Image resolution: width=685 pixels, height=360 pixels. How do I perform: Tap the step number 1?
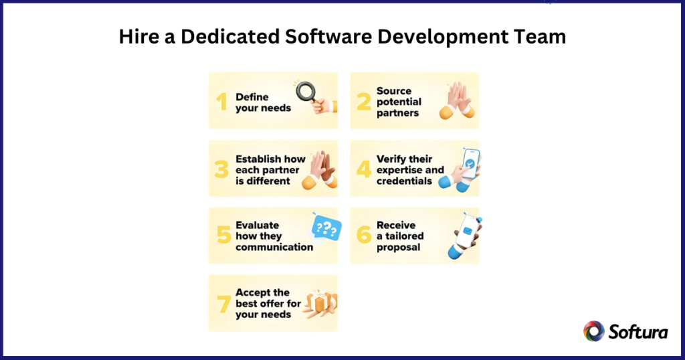221,102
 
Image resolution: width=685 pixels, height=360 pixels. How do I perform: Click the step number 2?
363,102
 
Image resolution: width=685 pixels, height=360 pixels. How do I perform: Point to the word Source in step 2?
394,91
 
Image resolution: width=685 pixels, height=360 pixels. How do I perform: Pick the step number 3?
221,169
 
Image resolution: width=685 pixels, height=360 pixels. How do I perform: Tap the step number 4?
363,169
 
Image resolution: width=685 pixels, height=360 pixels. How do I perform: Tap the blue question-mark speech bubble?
326,228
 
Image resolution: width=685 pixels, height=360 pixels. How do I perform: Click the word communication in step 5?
274,247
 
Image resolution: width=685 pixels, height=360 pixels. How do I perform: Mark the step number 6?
363,236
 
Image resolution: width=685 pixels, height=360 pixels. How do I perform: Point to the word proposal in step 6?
399,247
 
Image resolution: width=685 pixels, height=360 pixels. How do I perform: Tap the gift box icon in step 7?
321,303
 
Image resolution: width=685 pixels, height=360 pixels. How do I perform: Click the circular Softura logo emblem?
594,331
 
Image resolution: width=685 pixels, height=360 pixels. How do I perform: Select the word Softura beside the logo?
638,331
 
